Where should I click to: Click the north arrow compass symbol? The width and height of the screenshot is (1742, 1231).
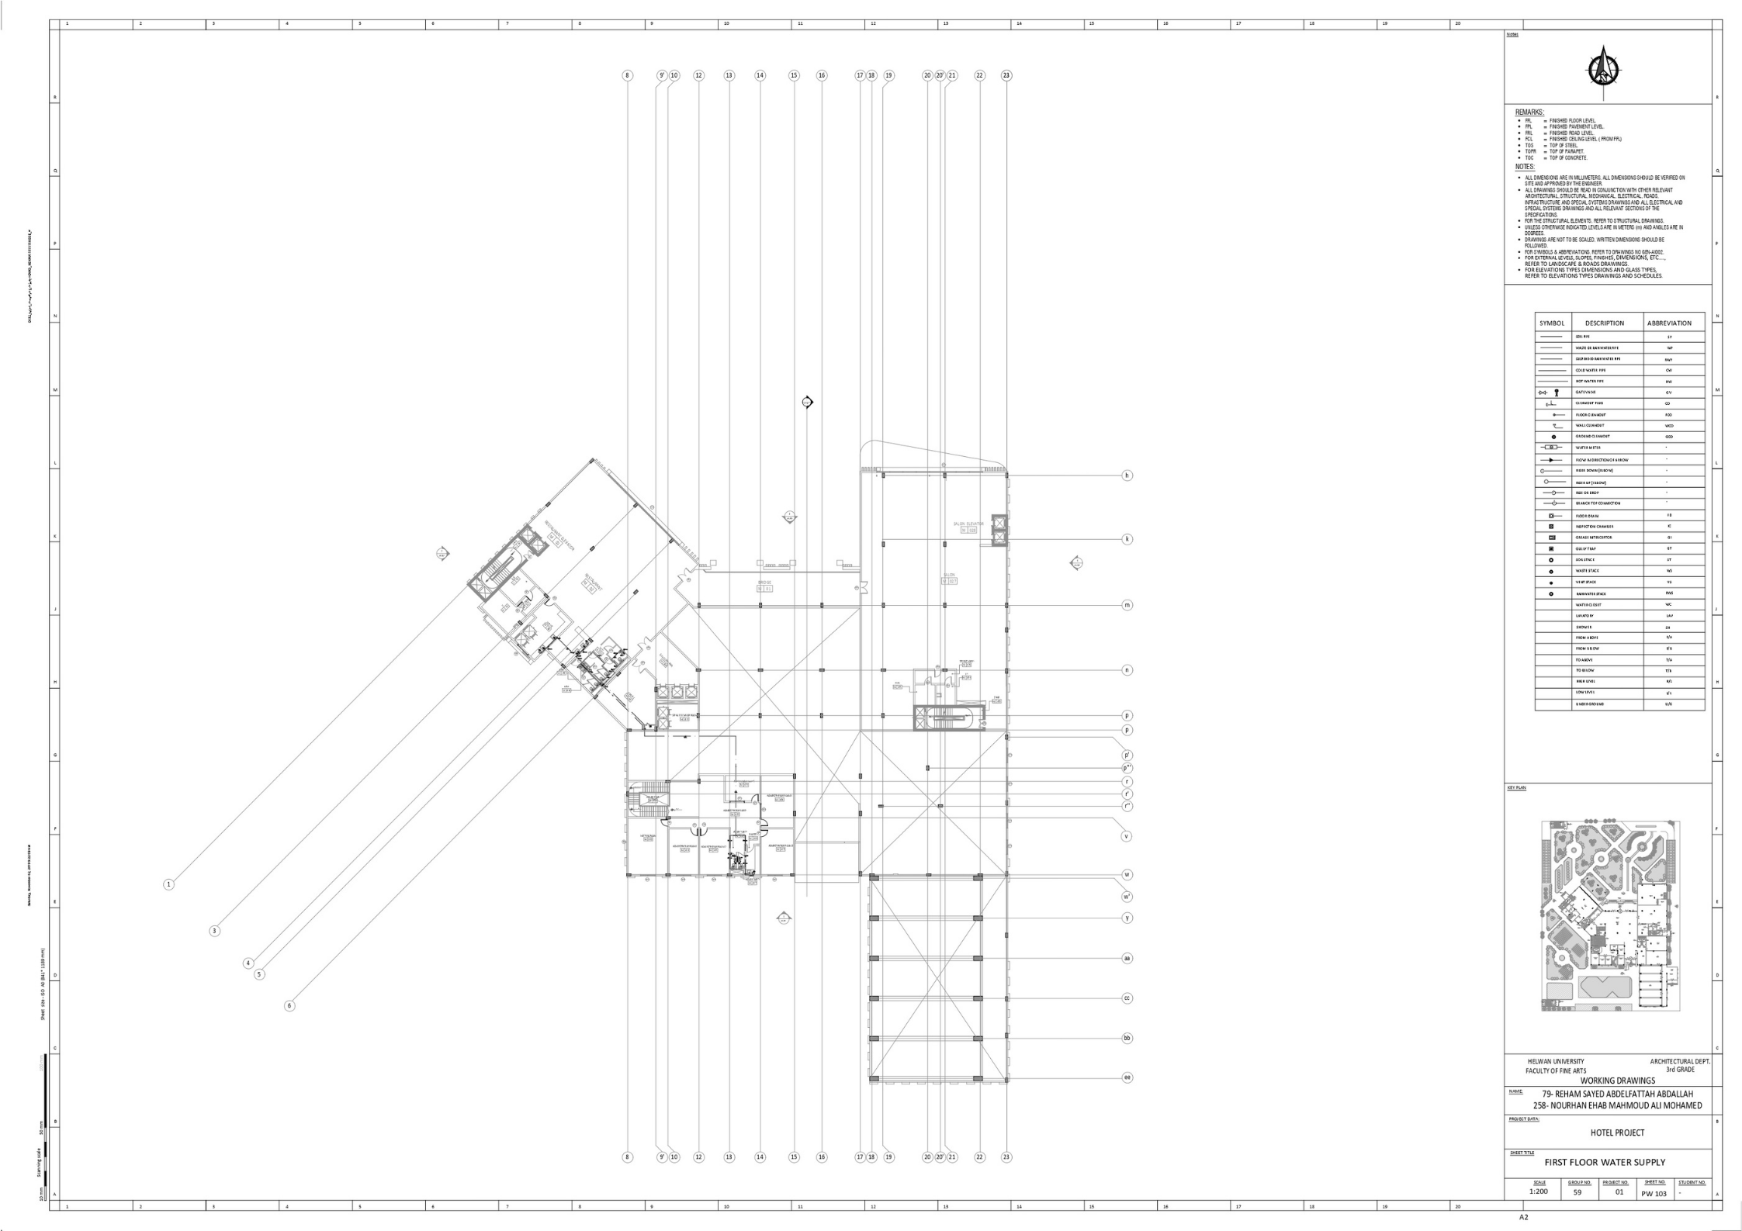coord(1602,70)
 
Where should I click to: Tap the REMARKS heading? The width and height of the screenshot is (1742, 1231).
coord(1529,112)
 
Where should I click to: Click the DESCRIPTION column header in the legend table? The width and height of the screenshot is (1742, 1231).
coord(1604,323)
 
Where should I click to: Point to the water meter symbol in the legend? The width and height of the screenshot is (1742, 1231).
coord(1550,448)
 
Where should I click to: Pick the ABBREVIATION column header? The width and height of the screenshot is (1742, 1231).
coord(1669,323)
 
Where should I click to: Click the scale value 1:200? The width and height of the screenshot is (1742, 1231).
coord(1538,1191)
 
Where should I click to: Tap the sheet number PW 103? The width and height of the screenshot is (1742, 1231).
coord(1654,1193)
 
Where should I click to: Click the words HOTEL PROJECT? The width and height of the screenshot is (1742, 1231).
coord(1617,1132)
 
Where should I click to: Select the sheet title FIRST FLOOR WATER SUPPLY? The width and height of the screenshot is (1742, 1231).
coord(1605,1162)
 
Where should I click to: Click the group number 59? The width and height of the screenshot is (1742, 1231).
coord(1577,1192)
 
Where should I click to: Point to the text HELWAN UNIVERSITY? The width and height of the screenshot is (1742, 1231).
coord(1556,1061)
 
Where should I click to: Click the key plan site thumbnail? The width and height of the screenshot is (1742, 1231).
coord(1610,915)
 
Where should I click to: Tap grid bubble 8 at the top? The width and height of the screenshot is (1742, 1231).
coord(628,75)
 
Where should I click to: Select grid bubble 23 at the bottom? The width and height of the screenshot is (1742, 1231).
coord(1006,1157)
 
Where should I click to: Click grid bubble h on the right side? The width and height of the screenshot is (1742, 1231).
coord(1127,475)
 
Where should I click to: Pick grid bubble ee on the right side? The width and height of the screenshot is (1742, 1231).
coord(1127,1077)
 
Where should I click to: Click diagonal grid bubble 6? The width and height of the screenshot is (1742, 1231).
coord(289,1006)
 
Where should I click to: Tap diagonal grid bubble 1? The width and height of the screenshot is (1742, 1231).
coord(168,884)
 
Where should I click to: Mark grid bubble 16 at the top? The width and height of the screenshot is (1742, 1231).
coord(822,75)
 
